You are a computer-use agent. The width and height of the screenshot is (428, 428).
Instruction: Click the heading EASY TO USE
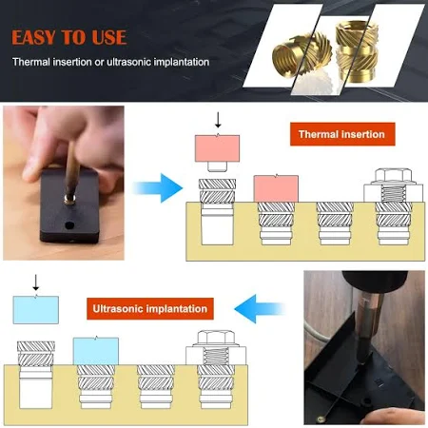click(69, 37)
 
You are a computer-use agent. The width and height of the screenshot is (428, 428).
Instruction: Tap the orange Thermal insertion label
click(342, 134)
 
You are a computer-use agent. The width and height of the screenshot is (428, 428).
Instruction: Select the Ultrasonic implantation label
click(150, 308)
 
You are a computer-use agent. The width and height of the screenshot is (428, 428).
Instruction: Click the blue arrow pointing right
click(159, 188)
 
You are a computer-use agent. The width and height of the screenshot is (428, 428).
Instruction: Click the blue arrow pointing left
click(260, 309)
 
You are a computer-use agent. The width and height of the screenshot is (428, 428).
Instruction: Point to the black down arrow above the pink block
click(218, 120)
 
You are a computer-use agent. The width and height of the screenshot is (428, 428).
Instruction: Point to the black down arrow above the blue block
click(36, 282)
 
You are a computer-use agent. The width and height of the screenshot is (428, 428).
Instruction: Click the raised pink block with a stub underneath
click(217, 152)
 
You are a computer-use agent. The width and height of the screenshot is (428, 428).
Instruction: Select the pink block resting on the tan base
click(276, 188)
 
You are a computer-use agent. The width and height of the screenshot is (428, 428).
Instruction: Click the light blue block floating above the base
click(36, 309)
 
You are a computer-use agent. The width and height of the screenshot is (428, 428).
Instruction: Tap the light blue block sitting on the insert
click(96, 351)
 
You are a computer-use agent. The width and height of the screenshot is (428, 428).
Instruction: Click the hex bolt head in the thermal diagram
click(393, 176)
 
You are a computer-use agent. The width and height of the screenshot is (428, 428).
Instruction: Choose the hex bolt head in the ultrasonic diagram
click(216, 338)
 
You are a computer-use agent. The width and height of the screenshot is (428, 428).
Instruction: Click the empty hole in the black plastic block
click(69, 225)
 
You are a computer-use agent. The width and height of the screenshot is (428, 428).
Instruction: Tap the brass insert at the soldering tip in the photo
click(69, 199)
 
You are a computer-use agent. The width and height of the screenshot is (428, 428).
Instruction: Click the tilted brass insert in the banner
click(302, 54)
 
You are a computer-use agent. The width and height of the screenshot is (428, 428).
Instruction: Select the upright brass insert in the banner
click(357, 53)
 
